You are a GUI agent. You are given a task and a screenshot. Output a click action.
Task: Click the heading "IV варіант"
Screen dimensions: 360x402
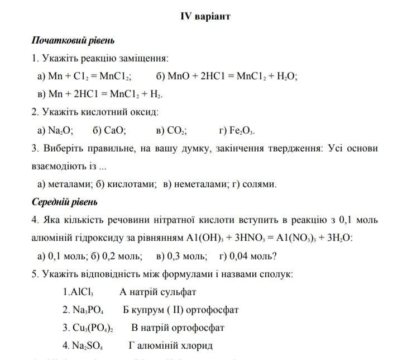point(205,16)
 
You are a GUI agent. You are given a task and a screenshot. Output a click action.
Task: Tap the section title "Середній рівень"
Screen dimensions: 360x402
point(64,202)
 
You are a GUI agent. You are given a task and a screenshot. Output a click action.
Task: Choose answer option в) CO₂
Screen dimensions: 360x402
point(172,131)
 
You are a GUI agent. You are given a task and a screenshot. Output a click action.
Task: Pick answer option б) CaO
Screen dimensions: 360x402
point(109,131)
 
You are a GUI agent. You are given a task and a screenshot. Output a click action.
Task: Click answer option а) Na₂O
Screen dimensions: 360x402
point(55,131)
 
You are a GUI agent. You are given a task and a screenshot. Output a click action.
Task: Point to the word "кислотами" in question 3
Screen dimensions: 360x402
point(132,184)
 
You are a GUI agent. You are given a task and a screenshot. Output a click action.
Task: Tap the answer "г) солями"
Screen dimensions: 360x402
point(256,184)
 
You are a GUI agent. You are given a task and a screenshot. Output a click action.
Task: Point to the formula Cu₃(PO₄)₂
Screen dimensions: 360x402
point(93,328)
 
